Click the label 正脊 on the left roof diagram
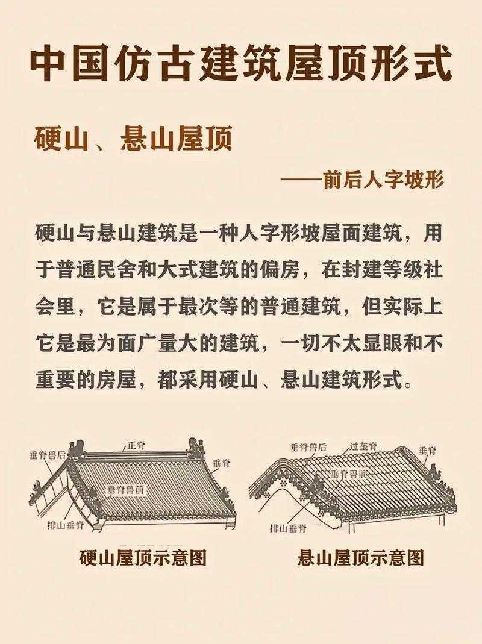[x=136, y=446]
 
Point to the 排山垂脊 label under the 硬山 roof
[x=66, y=525]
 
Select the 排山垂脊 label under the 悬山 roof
[x=288, y=528]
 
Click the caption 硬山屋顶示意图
[x=143, y=558]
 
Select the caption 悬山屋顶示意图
[x=360, y=558]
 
